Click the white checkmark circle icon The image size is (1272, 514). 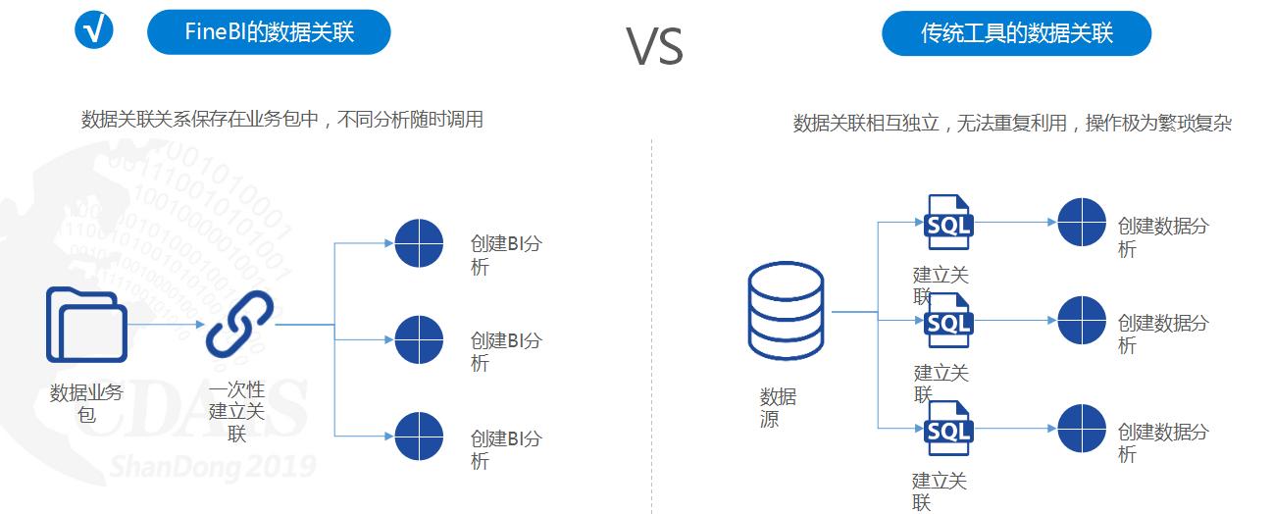point(94,29)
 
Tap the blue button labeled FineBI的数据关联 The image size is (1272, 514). point(269,32)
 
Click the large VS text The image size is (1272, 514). point(654,45)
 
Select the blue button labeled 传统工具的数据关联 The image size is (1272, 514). point(1016,33)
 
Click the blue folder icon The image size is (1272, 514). point(86,325)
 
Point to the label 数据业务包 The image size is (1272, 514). point(86,403)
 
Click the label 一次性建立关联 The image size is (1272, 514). point(236,411)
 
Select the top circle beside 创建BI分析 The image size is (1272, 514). point(419,243)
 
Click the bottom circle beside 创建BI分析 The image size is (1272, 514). point(419,437)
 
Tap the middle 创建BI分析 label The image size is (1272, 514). point(504,352)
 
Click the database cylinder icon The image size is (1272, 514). point(786,310)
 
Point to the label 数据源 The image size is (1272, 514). point(777,408)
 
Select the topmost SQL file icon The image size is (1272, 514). point(948,223)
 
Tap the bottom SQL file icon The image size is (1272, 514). point(948,429)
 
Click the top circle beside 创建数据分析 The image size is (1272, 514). point(1082,223)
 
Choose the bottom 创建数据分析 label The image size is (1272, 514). point(1162,442)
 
